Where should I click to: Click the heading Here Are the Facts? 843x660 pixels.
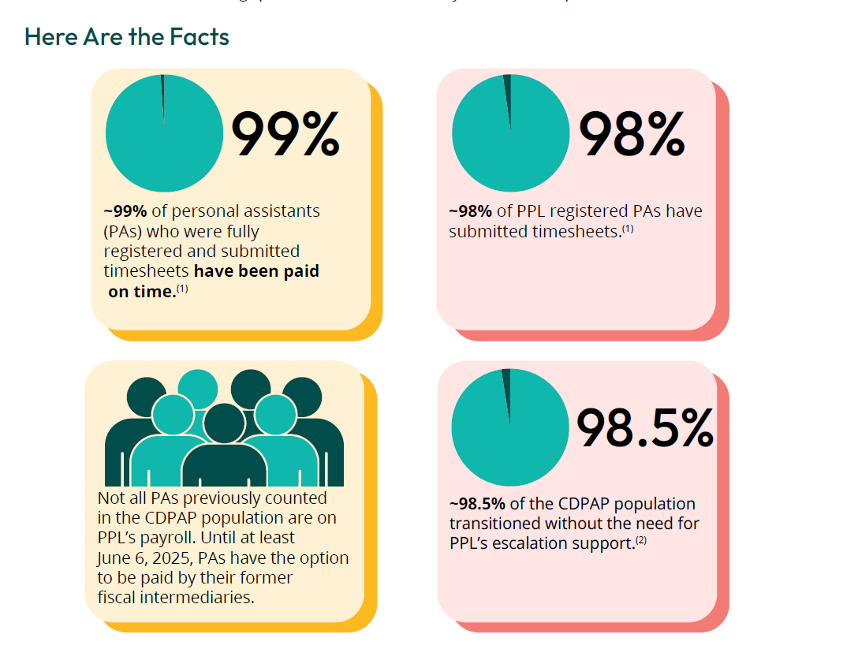127,36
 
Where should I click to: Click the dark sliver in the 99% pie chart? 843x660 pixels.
162,91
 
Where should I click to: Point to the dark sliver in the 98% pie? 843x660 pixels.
507,91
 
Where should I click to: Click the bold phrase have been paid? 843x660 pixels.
256,270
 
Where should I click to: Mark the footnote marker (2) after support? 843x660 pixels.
641,539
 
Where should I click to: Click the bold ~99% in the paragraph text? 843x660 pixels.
125,211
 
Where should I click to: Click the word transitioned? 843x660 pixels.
498,523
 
